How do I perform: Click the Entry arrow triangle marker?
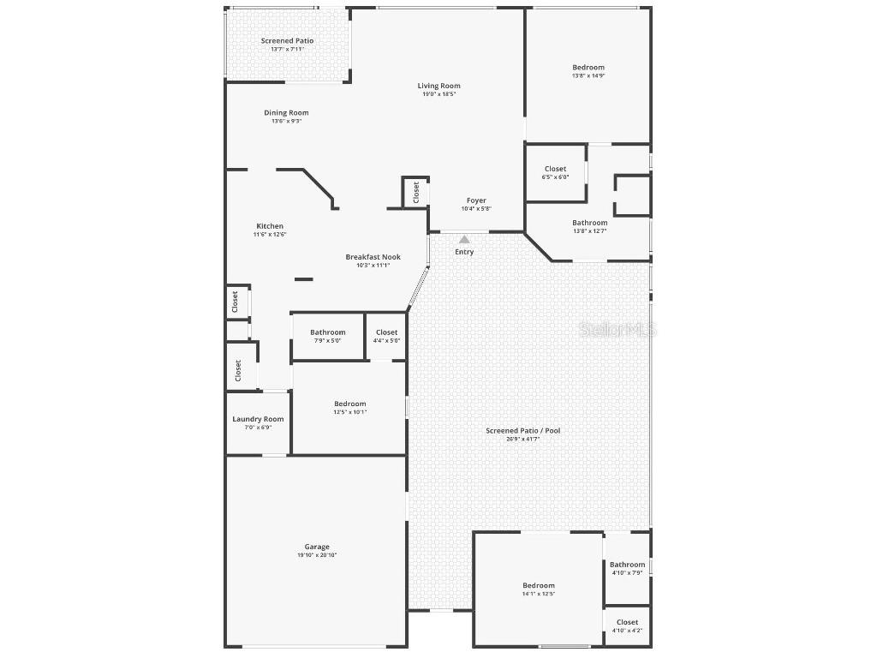click(x=464, y=240)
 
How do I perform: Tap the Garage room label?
click(x=317, y=547)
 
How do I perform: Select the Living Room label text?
click(x=438, y=86)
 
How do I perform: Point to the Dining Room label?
click(x=286, y=112)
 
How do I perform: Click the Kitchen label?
click(x=270, y=226)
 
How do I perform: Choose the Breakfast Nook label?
click(x=373, y=257)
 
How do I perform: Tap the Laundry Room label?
click(x=258, y=419)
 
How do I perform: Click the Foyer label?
click(x=476, y=200)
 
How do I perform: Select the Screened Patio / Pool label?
click(x=522, y=430)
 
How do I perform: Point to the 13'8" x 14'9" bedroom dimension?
click(x=588, y=76)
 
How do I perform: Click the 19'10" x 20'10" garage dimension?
click(x=317, y=555)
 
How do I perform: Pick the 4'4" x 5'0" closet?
click(x=386, y=336)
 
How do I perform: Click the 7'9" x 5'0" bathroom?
click(x=328, y=336)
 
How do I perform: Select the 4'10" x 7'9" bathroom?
click(x=628, y=568)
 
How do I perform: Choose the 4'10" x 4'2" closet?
click(x=627, y=626)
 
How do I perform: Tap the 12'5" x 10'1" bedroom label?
click(x=349, y=408)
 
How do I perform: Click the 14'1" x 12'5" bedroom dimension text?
click(x=539, y=594)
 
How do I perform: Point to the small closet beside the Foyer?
click(x=416, y=192)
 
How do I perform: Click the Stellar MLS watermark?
click(x=617, y=329)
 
